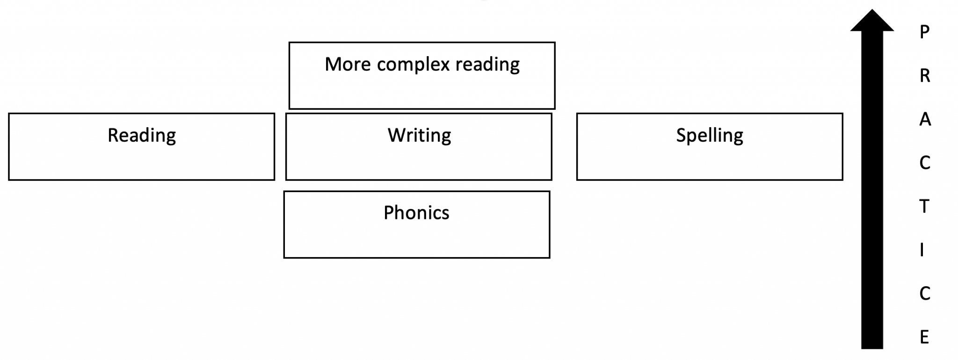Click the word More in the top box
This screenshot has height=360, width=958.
click(348, 65)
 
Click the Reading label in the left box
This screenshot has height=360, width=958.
click(142, 136)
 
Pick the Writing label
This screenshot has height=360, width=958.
click(419, 136)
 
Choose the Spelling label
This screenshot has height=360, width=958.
click(709, 136)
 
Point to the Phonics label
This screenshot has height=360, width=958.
click(416, 213)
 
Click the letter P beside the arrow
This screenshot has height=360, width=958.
click(924, 32)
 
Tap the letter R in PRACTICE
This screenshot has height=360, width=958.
click(924, 76)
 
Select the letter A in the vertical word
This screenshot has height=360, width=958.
click(925, 120)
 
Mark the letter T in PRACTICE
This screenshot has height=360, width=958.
click(924, 206)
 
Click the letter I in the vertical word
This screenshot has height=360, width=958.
click(922, 250)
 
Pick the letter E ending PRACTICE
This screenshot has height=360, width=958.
click(924, 337)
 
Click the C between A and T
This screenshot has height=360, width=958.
click(924, 163)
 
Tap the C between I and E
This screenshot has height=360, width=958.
click(924, 294)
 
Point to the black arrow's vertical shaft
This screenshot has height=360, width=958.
click(872, 187)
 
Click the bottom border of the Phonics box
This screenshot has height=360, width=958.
click(416, 257)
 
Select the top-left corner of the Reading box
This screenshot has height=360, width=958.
click(9, 114)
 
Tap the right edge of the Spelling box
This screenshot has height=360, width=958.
click(842, 146)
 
